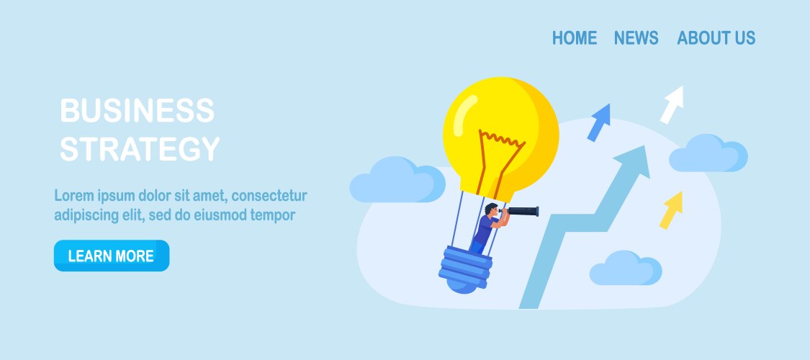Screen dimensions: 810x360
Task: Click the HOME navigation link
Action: tap(575, 37)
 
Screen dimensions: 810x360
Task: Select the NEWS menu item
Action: tap(636, 37)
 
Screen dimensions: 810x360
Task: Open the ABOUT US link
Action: tap(716, 37)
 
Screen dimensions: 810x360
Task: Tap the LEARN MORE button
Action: tap(112, 256)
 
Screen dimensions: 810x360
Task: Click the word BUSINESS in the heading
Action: tap(137, 110)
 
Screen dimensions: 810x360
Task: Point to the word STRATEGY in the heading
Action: tap(140, 149)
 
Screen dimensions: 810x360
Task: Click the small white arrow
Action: tap(672, 104)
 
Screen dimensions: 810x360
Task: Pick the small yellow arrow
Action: tap(672, 210)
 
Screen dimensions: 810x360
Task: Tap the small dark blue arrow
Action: tap(599, 122)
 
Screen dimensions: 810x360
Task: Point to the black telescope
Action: tap(521, 211)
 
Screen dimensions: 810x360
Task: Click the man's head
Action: tap(491, 210)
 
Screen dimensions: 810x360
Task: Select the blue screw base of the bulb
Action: tap(464, 269)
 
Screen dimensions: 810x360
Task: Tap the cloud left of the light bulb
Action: tap(397, 179)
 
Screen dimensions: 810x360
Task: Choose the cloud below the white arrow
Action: tap(708, 153)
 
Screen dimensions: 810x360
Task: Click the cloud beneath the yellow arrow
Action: tap(626, 268)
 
